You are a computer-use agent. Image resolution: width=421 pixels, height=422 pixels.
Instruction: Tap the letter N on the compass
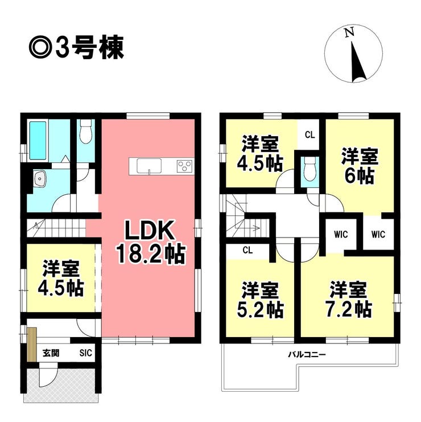pos(349,32)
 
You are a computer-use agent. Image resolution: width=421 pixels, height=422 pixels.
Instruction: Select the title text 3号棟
pos(90,48)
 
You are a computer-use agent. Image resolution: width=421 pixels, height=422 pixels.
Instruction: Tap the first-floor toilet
pos(86,132)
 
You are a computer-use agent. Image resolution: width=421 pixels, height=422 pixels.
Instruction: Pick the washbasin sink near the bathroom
pos(40,178)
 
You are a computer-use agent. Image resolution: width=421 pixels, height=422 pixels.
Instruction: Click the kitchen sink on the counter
pos(149,166)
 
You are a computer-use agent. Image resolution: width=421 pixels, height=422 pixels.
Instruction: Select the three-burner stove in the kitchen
pos(184,166)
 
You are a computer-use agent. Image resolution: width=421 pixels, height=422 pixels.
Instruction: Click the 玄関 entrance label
pos(51,353)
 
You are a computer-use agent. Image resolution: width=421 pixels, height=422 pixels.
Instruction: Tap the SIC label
pos(86,353)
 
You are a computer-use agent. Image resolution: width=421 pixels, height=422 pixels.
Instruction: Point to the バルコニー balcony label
pos(307,354)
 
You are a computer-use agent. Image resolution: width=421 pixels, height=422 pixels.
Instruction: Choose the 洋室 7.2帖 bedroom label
pos(348,300)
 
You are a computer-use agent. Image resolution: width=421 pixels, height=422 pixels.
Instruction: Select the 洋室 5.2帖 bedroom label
pos(260,300)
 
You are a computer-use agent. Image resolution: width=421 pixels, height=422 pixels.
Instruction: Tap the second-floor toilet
pos(309,170)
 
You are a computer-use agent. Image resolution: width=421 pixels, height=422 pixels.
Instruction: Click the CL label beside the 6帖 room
pos(309,134)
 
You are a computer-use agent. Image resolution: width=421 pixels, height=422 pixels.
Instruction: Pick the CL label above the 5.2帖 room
pos(247,250)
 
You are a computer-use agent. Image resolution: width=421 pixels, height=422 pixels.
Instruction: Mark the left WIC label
pos(341,235)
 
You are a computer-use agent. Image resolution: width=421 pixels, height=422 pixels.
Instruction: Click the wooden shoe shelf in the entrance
pos(32,345)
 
